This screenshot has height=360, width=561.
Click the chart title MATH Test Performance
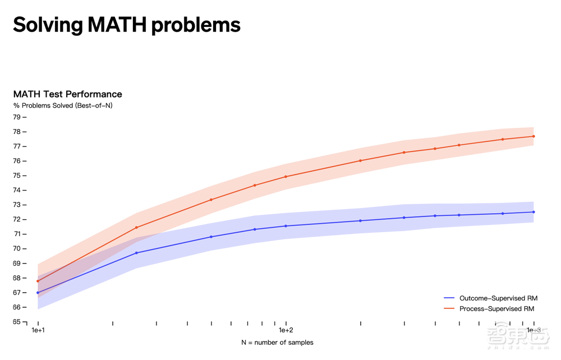click(67, 94)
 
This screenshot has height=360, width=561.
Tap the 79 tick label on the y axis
click(17, 117)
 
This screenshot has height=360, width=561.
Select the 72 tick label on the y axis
click(17, 219)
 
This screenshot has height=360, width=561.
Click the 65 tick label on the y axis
click(17, 322)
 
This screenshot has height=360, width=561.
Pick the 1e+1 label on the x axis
click(38, 331)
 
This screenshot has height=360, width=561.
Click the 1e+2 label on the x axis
click(286, 331)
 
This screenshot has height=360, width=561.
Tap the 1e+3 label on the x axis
click(533, 331)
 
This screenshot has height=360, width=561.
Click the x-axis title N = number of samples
click(277, 342)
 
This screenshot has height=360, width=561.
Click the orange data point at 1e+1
click(38, 281)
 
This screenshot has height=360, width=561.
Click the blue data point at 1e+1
click(38, 293)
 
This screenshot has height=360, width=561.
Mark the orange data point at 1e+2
click(286, 177)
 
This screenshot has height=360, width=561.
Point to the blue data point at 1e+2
click(286, 226)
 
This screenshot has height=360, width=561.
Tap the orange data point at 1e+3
click(534, 136)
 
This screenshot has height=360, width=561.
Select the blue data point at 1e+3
click(534, 212)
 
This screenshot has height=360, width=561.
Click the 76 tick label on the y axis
click(17, 161)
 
